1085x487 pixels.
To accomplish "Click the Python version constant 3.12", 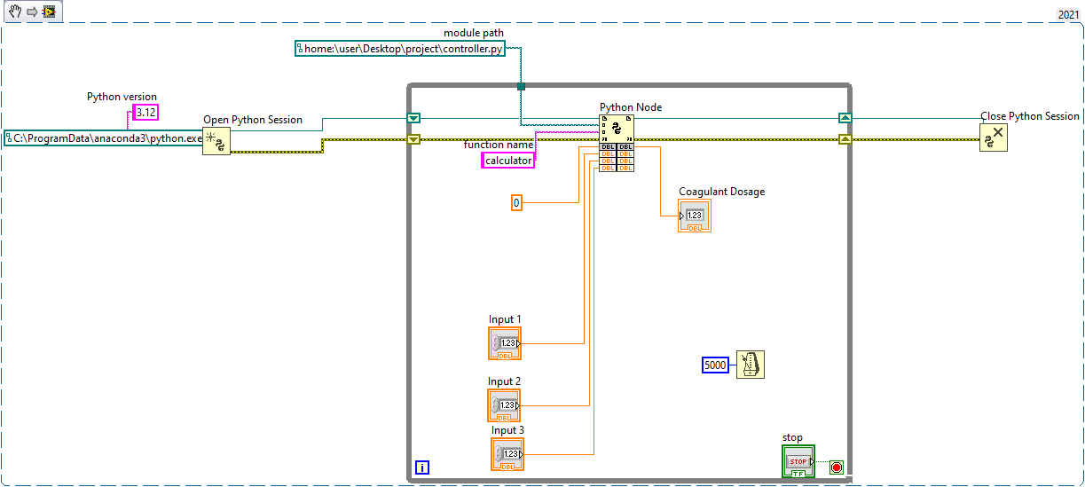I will click(x=145, y=112).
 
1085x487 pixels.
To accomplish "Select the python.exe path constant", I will click(x=104, y=138).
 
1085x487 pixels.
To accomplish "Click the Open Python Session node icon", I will click(x=216, y=140).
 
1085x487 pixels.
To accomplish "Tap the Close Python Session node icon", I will click(x=993, y=137).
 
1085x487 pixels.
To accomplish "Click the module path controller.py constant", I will click(x=399, y=50).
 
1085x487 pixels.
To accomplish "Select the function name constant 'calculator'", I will click(x=508, y=161).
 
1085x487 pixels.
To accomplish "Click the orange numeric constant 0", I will click(x=516, y=203).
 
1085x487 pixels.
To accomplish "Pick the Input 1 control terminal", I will click(x=505, y=343).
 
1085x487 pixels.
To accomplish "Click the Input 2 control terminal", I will click(x=505, y=405).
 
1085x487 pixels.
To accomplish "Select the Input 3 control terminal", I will click(x=507, y=454).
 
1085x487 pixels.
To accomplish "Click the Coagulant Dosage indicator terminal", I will click(x=695, y=216).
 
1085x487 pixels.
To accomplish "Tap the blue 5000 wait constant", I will click(x=715, y=365).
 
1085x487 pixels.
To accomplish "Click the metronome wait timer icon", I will click(x=750, y=365).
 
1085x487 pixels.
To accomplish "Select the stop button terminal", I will click(x=798, y=462).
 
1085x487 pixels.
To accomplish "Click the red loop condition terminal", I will click(x=836, y=467).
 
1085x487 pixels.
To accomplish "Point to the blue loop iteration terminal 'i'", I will click(x=422, y=467).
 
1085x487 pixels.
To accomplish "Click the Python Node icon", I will click(x=617, y=129).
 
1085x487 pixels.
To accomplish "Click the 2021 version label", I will click(x=1068, y=14).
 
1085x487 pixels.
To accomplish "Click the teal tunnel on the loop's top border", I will click(x=521, y=86).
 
